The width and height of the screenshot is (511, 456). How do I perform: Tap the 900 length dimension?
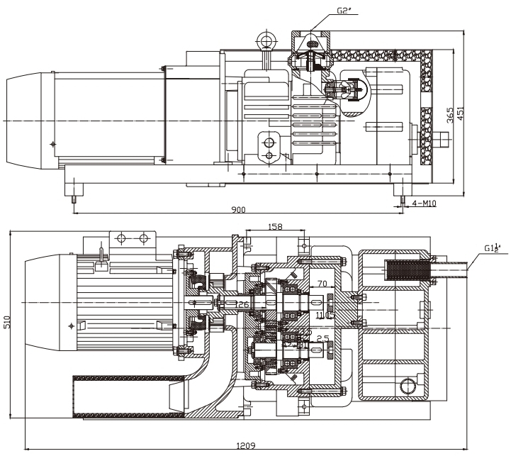tap(238, 210)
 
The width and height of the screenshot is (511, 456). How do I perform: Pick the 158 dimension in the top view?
tap(276, 227)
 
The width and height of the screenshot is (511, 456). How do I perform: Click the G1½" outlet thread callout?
tap(493, 248)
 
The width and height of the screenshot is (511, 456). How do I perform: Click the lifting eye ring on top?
tap(267, 38)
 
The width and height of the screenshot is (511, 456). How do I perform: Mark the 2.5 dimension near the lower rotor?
tap(322, 338)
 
